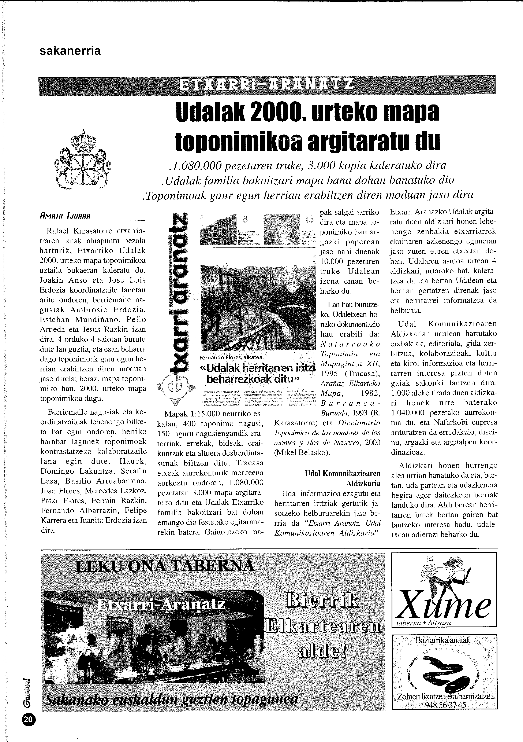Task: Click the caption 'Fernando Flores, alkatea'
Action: tap(231, 357)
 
